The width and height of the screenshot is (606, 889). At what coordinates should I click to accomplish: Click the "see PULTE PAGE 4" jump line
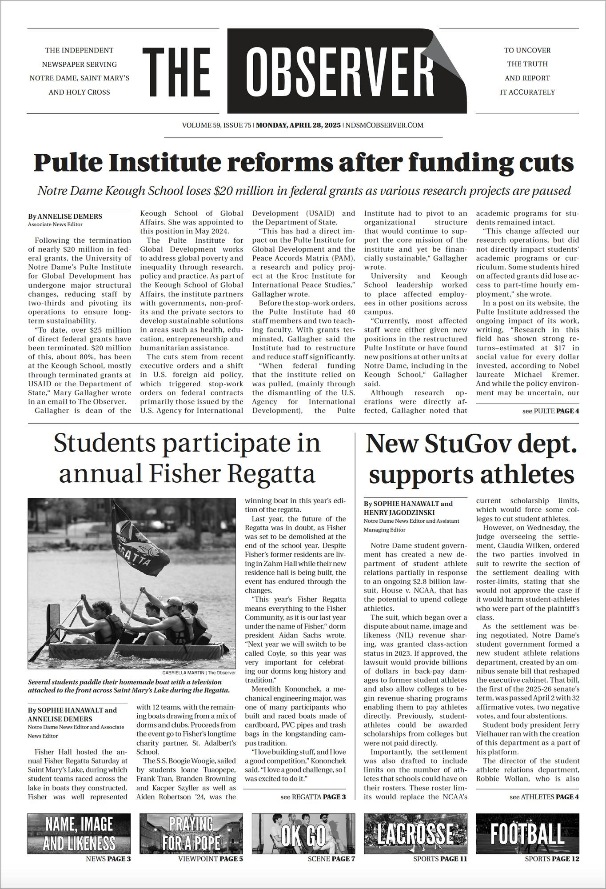550,411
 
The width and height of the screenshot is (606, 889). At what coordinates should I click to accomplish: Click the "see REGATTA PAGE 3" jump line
313,797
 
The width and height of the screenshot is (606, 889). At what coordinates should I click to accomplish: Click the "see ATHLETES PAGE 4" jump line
544,797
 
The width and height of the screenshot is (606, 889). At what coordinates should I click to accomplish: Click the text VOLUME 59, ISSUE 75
216,125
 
